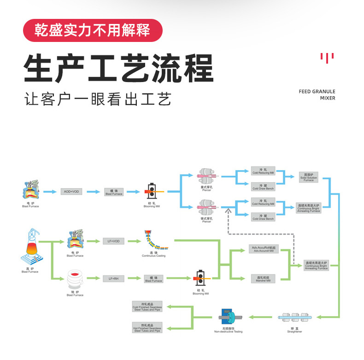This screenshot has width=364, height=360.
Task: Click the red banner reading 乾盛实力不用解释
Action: tap(93, 30)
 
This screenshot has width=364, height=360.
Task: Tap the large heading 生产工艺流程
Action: tap(118, 68)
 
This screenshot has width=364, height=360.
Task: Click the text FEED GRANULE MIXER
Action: tap(317, 94)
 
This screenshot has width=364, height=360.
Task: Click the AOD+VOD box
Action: tap(71, 191)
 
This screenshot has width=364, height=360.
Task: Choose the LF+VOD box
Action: tap(113, 241)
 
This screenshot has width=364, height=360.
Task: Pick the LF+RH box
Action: tap(113, 278)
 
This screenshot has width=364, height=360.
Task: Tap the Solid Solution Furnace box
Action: tap(308, 177)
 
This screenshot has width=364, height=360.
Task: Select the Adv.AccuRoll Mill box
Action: tap(264, 249)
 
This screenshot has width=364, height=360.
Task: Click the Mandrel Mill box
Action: tap(264, 278)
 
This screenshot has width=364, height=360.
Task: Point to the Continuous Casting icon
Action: tap(154, 240)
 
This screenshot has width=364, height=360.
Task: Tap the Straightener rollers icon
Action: tap(294, 318)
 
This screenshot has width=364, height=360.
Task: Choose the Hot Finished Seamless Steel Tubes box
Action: tap(147, 327)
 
